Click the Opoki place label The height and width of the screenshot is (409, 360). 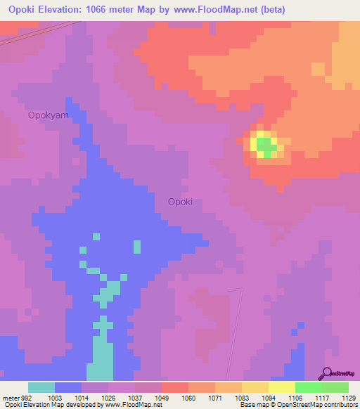[x=180, y=202]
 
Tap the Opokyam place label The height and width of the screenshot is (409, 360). [x=48, y=115]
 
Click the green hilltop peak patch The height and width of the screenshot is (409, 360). [x=265, y=145]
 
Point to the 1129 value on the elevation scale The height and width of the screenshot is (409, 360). [x=349, y=397]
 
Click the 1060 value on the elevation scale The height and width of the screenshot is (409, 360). [x=189, y=397]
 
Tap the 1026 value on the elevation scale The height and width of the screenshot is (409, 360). [x=108, y=397]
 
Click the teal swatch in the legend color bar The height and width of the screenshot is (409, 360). [x=41, y=387]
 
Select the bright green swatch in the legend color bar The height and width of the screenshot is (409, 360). [x=309, y=387]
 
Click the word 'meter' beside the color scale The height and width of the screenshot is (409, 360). [x=9, y=397]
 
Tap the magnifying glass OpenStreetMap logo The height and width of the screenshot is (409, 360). [x=326, y=373]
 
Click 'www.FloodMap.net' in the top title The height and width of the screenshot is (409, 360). [x=211, y=9]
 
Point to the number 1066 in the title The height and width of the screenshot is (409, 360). [x=98, y=9]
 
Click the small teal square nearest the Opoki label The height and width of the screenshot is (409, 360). [x=137, y=247]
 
